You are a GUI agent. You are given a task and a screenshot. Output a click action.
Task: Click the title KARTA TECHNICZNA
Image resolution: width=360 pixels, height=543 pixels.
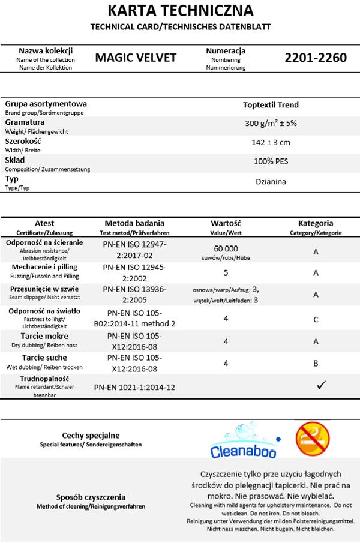(180, 11)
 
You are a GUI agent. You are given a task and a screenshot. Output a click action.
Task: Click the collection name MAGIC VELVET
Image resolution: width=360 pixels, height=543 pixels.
(136, 58)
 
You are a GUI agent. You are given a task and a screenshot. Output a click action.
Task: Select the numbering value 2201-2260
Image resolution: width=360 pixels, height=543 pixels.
(316, 58)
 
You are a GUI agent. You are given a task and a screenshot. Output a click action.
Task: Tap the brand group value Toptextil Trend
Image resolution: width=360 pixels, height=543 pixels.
(271, 105)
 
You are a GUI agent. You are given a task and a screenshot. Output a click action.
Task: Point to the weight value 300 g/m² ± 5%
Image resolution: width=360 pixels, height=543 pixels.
(271, 123)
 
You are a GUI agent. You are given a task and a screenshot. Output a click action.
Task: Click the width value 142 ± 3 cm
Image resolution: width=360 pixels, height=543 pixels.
(271, 142)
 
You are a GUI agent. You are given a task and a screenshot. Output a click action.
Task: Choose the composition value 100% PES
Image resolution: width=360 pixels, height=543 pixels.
(271, 161)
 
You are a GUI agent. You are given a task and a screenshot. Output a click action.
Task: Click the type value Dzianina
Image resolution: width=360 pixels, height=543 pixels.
(271, 181)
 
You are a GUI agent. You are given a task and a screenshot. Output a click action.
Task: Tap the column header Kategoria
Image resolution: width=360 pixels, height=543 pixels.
(316, 223)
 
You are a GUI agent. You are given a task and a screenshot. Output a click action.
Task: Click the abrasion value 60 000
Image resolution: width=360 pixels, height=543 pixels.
(226, 248)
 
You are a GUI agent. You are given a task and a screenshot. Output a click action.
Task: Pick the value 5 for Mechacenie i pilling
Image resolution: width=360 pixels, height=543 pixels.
(226, 272)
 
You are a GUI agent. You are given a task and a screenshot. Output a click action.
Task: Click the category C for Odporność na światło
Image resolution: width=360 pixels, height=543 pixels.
(316, 320)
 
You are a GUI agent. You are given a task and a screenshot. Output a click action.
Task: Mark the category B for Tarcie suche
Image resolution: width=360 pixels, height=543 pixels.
(316, 363)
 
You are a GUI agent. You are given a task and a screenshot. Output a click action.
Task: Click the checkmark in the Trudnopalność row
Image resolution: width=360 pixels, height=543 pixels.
(321, 385)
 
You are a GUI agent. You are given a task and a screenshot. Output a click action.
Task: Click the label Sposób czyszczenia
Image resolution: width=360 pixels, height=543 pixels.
(91, 497)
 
